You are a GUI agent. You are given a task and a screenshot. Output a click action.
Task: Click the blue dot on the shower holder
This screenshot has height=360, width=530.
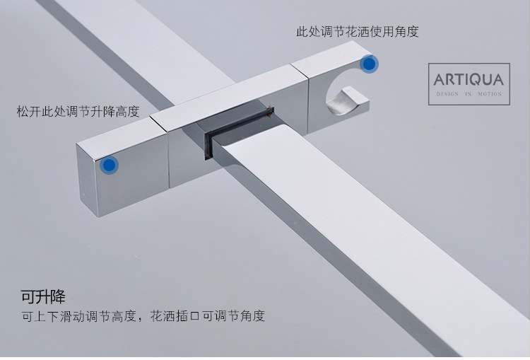(x=368, y=64)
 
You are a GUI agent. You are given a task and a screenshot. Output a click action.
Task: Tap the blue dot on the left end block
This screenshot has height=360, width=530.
(x=109, y=166)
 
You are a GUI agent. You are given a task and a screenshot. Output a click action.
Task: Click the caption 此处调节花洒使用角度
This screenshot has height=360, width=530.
(x=358, y=32)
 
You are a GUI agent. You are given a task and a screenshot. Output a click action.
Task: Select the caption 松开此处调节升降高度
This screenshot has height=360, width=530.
(x=78, y=112)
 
